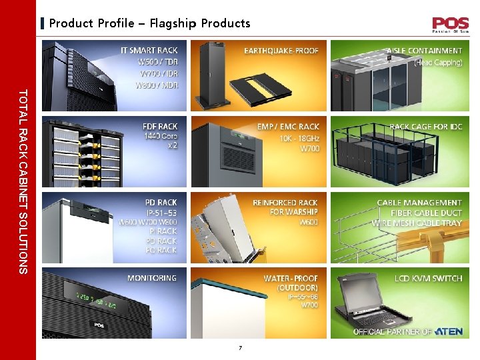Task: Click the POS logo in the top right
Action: click(x=450, y=25)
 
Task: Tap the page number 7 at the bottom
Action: click(x=241, y=348)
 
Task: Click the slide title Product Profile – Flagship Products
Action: click(x=150, y=23)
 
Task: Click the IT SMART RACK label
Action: click(x=149, y=51)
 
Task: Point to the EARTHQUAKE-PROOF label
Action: click(x=281, y=51)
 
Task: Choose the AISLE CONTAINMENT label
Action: click(x=424, y=51)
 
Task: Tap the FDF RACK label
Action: click(x=160, y=127)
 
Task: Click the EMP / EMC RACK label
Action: click(x=288, y=127)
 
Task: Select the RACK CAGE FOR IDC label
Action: click(x=425, y=127)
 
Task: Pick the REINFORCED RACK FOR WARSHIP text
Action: click(x=285, y=207)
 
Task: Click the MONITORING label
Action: click(x=152, y=278)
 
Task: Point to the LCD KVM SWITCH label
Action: click(x=428, y=278)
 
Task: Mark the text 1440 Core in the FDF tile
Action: click(x=161, y=136)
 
